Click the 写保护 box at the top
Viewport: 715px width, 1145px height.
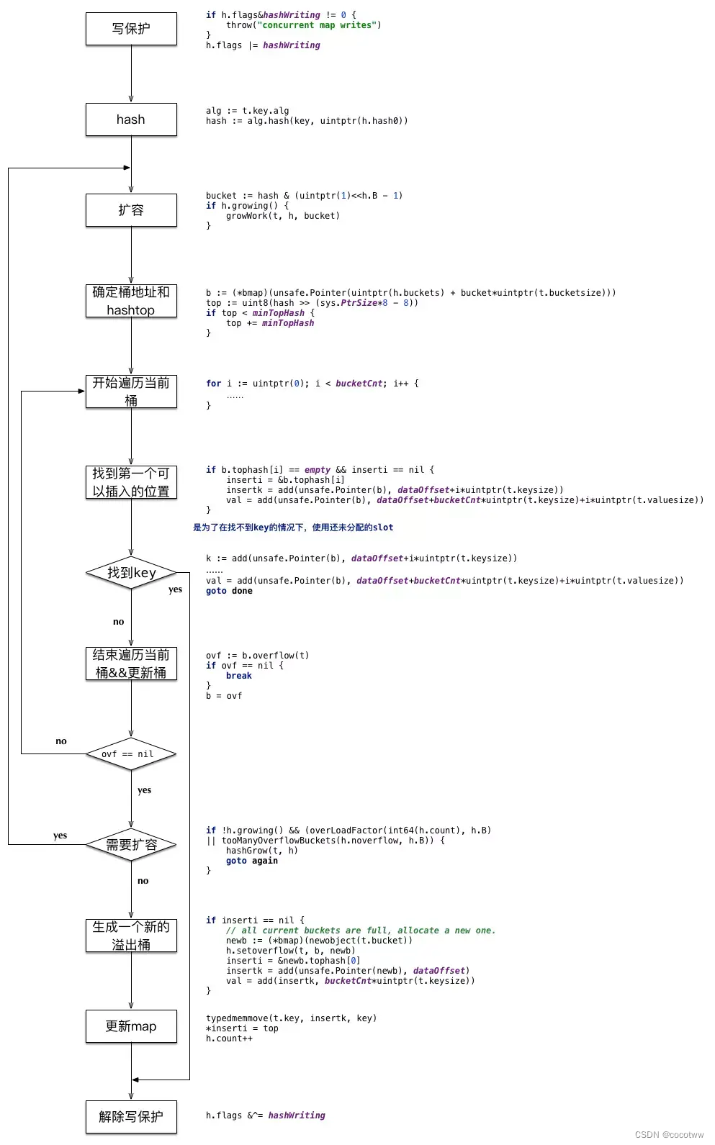coord(131,29)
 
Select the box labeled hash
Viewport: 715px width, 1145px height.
coord(131,119)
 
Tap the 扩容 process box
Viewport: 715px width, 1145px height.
coord(131,210)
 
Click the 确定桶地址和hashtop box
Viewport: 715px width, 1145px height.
coord(131,301)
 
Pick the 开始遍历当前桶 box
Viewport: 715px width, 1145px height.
coord(131,392)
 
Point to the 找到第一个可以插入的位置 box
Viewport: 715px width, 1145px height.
coord(131,482)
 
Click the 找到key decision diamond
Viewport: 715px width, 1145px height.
coord(131,573)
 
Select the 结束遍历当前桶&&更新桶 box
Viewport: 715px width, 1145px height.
coord(131,664)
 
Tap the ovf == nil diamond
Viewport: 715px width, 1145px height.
coord(131,754)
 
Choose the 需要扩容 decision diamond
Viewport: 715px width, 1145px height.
coord(131,845)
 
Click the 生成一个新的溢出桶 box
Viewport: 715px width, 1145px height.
coord(131,936)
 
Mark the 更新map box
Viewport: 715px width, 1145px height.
coord(131,1026)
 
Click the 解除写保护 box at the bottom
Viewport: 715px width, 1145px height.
coord(131,1117)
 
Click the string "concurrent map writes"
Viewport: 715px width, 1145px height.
coord(317,25)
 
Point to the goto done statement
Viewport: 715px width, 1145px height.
coord(229,591)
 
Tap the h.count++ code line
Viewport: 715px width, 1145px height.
coord(229,1038)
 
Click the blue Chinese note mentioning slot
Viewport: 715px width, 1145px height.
coord(293,528)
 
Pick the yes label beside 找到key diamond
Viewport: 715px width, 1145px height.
coord(175,589)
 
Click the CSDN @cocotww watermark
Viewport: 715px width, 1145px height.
coord(669,1134)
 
